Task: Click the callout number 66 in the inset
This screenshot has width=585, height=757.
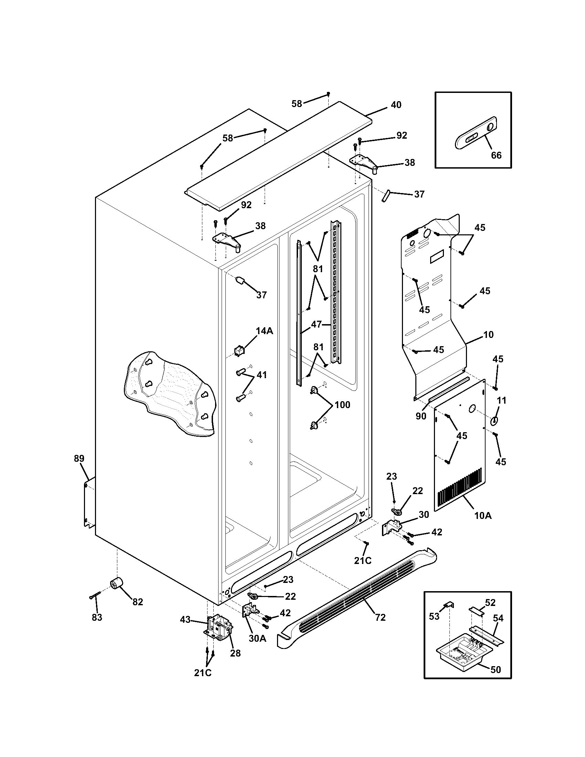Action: [x=496, y=155]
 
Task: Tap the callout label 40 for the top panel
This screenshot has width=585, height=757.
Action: [x=396, y=105]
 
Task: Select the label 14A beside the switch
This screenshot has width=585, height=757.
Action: [x=264, y=331]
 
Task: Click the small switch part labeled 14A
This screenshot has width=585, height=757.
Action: [x=239, y=351]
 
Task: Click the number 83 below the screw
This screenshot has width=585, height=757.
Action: [x=97, y=617]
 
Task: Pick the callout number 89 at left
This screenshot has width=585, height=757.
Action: [x=79, y=459]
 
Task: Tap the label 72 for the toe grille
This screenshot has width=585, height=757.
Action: [x=380, y=617]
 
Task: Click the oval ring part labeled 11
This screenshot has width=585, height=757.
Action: [x=494, y=421]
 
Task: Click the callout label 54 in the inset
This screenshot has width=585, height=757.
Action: [x=498, y=618]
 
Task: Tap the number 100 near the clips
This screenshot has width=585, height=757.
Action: [x=342, y=405]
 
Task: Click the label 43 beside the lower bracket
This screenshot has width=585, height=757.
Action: [x=185, y=619]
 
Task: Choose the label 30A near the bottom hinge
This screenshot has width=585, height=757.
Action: [x=257, y=638]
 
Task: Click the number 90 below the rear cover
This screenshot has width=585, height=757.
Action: [x=421, y=416]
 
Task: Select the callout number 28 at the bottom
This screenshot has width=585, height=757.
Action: [x=235, y=653]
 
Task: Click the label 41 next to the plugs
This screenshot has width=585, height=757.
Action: [x=262, y=375]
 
